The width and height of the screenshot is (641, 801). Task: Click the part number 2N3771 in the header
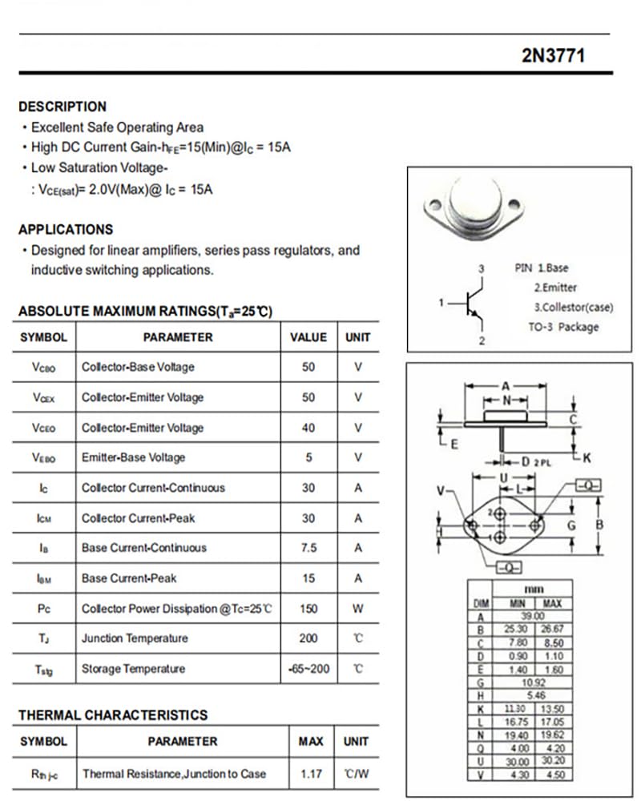(554, 55)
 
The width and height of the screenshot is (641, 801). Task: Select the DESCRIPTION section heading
(62, 107)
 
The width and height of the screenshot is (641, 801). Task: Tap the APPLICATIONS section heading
(66, 229)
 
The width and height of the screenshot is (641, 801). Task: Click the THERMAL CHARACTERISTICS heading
(113, 714)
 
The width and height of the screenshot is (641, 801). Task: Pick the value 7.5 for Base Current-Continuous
(308, 548)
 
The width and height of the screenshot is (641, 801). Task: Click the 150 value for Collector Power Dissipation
(308, 609)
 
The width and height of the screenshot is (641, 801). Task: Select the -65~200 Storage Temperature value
(308, 668)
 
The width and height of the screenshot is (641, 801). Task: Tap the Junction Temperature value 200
(308, 638)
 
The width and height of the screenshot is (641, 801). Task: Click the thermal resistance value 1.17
(311, 774)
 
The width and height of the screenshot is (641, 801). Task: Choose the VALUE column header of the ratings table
(308, 337)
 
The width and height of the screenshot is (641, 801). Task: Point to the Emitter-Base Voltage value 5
(308, 457)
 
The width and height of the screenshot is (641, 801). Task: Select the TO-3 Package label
(562, 327)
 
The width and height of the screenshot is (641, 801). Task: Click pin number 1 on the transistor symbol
(441, 302)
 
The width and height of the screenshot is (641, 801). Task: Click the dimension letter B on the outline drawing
(600, 525)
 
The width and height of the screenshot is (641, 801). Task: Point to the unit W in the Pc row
(357, 609)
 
